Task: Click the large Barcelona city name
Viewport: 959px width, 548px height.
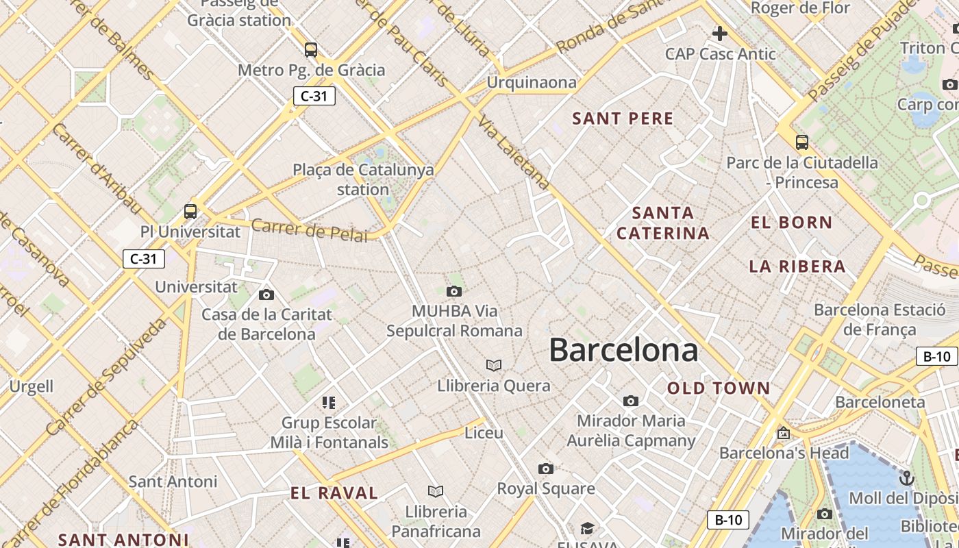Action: [623, 350]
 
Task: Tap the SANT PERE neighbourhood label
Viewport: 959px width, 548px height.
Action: [623, 119]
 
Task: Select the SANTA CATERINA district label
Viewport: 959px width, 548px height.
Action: [662, 223]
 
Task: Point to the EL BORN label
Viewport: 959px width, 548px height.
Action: [791, 222]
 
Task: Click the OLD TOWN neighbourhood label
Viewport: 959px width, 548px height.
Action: [719, 388]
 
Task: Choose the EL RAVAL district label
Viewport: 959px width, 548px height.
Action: [334, 493]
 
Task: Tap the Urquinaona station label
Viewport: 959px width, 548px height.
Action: [532, 83]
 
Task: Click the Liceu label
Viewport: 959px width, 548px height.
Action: [484, 433]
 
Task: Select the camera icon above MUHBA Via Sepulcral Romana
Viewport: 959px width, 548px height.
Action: [453, 292]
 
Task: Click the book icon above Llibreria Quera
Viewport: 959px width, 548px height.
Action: [494, 366]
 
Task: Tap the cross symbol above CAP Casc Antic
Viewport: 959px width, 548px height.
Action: [719, 33]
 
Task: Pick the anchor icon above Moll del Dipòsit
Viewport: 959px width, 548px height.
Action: [907, 477]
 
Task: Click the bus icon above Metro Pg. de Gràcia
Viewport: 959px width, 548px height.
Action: [311, 49]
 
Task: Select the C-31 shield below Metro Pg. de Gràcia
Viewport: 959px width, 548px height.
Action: [314, 96]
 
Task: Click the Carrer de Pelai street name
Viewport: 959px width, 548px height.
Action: [309, 229]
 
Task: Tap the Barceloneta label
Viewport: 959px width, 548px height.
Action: [880, 402]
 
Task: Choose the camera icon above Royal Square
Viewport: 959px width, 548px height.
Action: [545, 469]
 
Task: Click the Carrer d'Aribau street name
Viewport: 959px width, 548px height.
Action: [96, 168]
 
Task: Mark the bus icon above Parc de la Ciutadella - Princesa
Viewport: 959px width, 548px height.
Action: [801, 142]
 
